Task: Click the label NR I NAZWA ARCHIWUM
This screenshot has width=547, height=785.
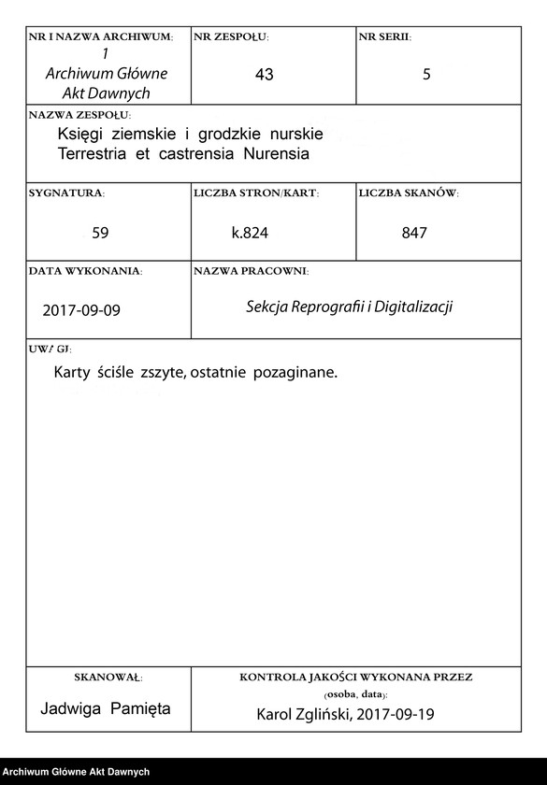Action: pos(101,37)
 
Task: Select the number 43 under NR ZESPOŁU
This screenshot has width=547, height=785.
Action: pos(264,75)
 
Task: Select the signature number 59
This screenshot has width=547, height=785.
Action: pos(101,233)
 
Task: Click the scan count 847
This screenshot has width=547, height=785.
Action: pos(413,233)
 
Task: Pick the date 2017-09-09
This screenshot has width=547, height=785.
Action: pos(81,309)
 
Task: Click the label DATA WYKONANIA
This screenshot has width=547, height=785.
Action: pos(85,271)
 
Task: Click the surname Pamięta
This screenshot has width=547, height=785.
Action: pos(139,708)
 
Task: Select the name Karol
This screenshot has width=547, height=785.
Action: pos(278,715)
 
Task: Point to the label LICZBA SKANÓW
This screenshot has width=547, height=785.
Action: pos(409,193)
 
